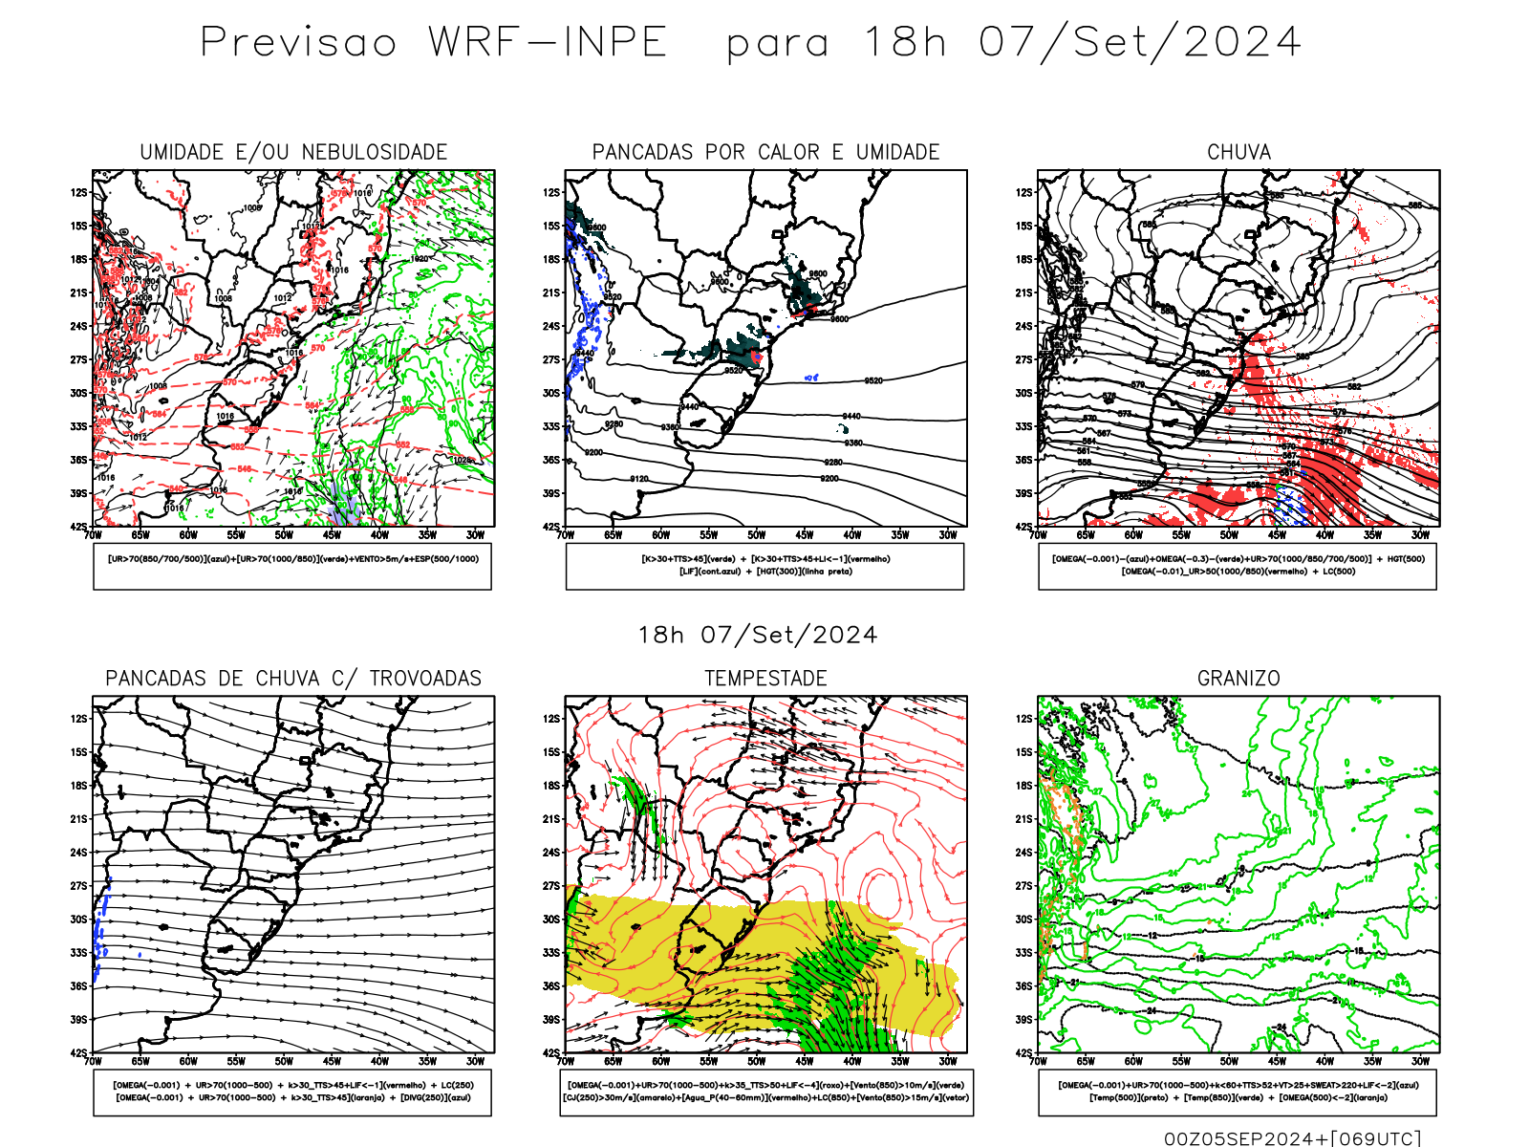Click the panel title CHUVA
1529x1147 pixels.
point(1238,152)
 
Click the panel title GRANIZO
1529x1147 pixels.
point(1238,679)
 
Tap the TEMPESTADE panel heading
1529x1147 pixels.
point(765,679)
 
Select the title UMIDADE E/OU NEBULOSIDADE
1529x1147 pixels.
point(293,152)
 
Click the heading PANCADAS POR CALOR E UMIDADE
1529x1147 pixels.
point(765,152)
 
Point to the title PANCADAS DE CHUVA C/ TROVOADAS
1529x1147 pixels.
point(293,679)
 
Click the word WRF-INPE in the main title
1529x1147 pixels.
point(548,42)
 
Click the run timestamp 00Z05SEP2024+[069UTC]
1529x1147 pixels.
point(1292,1138)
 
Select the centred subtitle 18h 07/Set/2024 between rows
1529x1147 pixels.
point(758,635)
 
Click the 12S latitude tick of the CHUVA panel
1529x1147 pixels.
point(1024,192)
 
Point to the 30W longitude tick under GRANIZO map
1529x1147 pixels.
point(1421,1061)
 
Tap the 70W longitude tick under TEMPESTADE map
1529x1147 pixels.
point(566,1061)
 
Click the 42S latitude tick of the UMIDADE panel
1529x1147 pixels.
point(78,527)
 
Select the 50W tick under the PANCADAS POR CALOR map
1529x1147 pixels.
point(757,535)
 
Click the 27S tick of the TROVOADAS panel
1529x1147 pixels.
point(78,886)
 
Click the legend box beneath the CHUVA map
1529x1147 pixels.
point(1238,566)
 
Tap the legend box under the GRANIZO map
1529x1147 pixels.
point(1238,1092)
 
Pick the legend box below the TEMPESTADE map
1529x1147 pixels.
point(765,1092)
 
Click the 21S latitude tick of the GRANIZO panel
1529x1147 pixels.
point(1024,819)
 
